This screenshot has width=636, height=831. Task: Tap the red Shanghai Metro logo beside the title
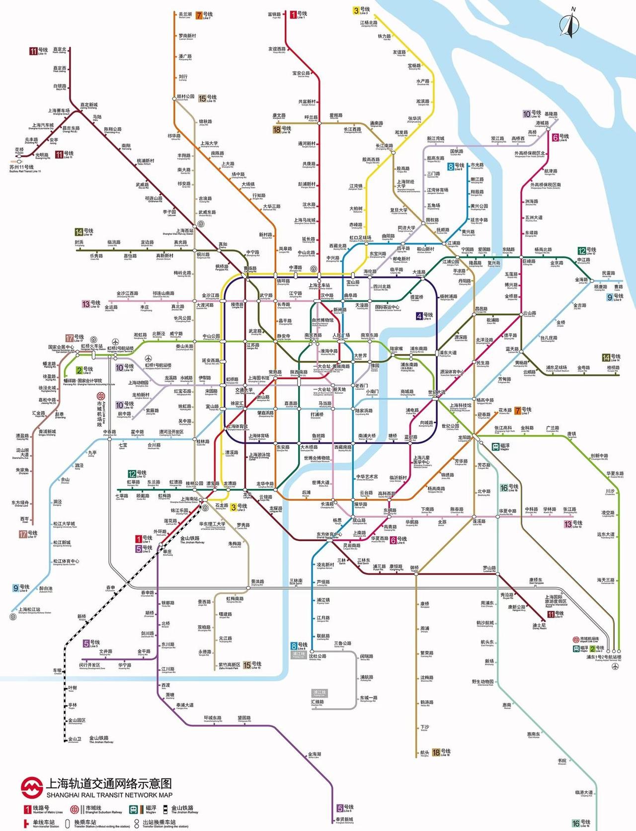(31, 787)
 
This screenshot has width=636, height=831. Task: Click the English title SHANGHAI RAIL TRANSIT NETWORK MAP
(109, 795)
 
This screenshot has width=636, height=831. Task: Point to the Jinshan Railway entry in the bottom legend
(184, 810)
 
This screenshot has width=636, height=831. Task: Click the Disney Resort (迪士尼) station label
(539, 626)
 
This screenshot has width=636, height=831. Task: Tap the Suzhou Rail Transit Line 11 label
(25, 168)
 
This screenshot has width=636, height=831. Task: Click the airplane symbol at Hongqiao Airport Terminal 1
(149, 358)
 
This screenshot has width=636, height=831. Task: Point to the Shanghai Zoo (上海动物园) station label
(138, 383)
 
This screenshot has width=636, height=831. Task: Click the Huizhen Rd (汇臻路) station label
(318, 702)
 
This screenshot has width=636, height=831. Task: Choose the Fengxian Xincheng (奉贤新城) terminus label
(344, 820)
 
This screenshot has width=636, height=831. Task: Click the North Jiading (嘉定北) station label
(59, 50)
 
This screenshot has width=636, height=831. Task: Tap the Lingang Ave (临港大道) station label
(584, 793)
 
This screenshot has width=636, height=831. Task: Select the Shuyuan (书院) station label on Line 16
(562, 761)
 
